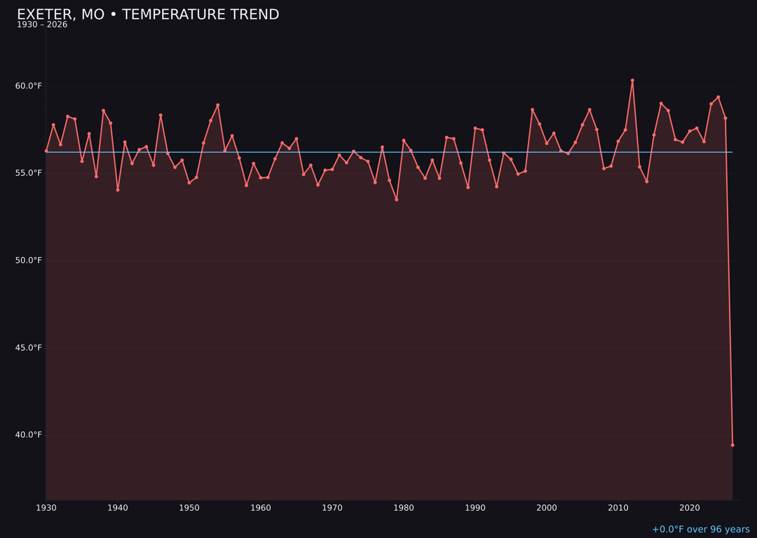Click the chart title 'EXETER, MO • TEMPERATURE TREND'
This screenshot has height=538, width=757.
click(148, 15)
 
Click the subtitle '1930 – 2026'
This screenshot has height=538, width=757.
click(42, 25)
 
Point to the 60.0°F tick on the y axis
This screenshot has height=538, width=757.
click(29, 86)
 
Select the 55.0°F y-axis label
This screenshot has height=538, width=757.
click(29, 173)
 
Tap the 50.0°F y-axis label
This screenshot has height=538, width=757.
click(29, 261)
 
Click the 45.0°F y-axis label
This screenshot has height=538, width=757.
click(29, 347)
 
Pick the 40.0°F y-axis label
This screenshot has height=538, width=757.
click(29, 435)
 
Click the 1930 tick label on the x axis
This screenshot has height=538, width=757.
click(46, 508)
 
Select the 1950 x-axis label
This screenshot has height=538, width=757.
click(189, 508)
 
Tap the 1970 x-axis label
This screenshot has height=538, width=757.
click(332, 508)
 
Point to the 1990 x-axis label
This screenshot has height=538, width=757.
click(475, 508)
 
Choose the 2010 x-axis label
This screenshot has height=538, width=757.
click(618, 508)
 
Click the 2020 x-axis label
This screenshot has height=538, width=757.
click(690, 508)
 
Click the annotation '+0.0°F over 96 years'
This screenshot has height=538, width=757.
click(700, 530)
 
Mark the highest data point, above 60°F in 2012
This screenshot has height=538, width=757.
click(632, 81)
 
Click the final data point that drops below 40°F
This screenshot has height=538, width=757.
click(732, 445)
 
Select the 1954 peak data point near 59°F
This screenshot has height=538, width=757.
click(218, 105)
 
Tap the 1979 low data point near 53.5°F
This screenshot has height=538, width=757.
click(397, 200)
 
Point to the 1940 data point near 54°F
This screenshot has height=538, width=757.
click(118, 190)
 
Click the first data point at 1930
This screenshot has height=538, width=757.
click(46, 151)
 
